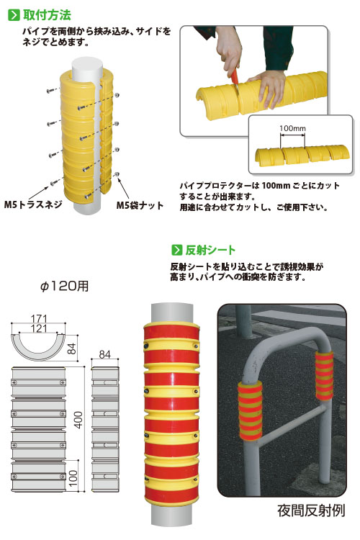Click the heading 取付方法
tap(48, 15)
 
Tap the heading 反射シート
tap(210, 250)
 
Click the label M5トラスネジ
tap(33, 204)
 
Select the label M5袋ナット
tap(140, 205)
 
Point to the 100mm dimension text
tap(292, 128)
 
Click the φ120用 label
tap(64, 286)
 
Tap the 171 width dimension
tap(39, 318)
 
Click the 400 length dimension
tap(78, 420)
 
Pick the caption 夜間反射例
tap(311, 510)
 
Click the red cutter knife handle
tap(235, 76)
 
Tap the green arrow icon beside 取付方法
tap(14, 15)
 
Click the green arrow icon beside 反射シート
tap(176, 250)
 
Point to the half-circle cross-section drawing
tap(38, 352)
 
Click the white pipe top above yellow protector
tap(87, 68)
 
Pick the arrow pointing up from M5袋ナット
tap(124, 188)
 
